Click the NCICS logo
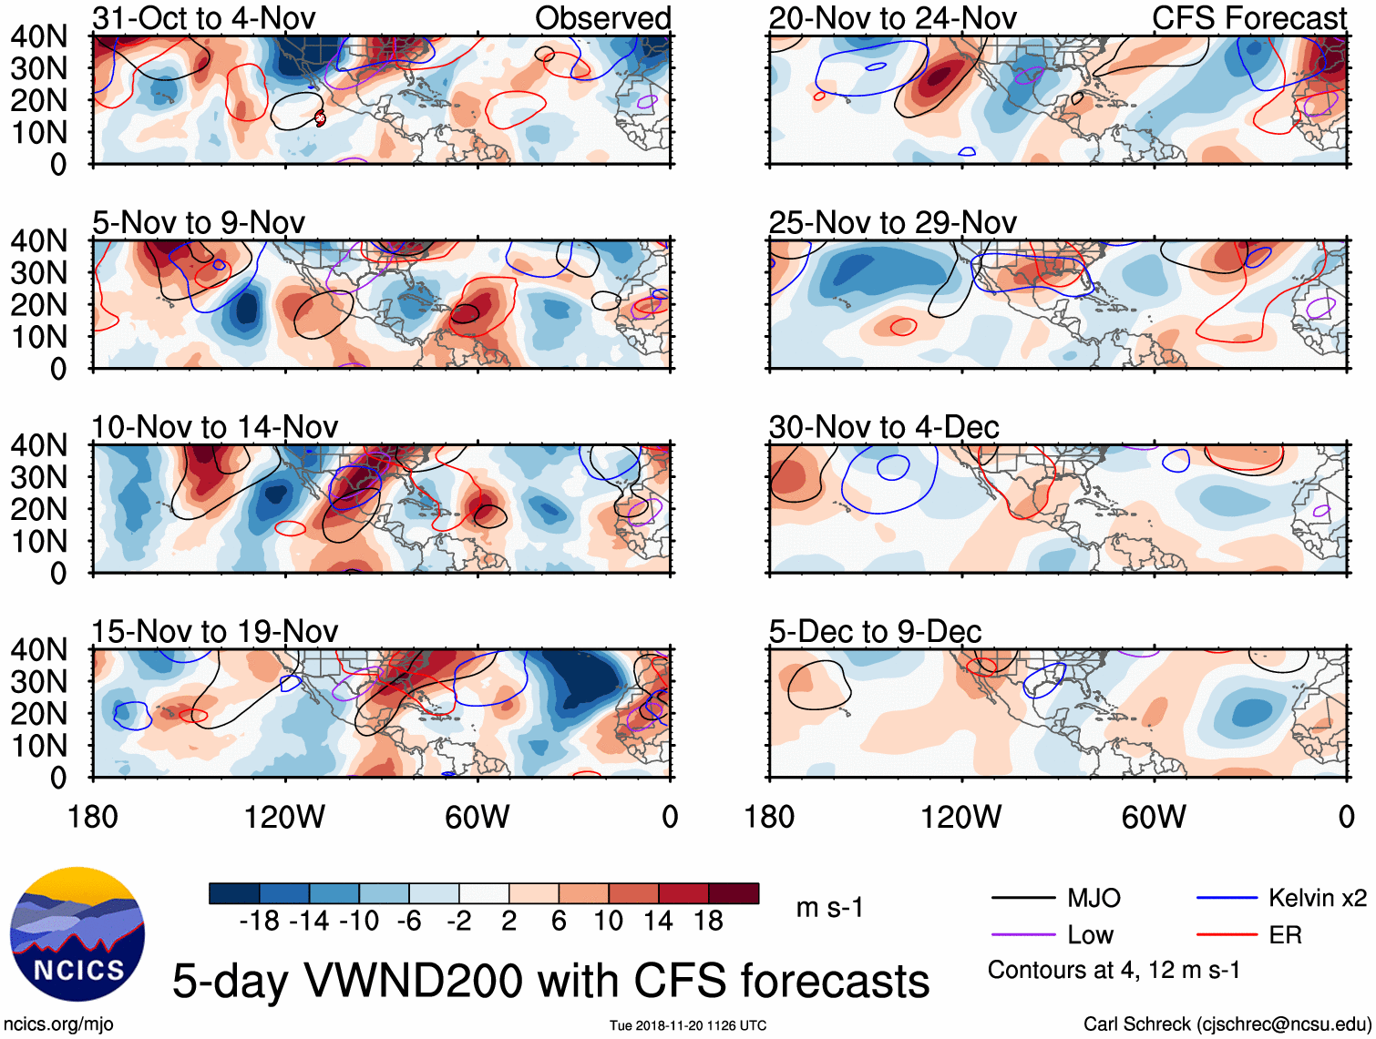point(77,934)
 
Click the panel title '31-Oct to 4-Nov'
point(203,18)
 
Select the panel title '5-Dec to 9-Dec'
point(875,631)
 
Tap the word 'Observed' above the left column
point(602,18)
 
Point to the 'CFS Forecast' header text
point(1248,18)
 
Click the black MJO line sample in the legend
point(1023,899)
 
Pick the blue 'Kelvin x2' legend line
point(1227,899)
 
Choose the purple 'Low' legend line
point(1023,935)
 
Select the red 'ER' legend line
point(1227,935)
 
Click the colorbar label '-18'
point(259,922)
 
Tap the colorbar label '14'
point(659,922)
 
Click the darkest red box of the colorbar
point(734,893)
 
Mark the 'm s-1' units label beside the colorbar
point(829,908)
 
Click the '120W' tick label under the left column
point(284,817)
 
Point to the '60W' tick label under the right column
point(1154,817)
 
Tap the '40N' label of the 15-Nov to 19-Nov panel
point(38,649)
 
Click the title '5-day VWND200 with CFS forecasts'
point(550,981)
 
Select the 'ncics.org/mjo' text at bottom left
point(58,1024)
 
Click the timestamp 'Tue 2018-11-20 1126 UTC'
point(688,1025)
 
